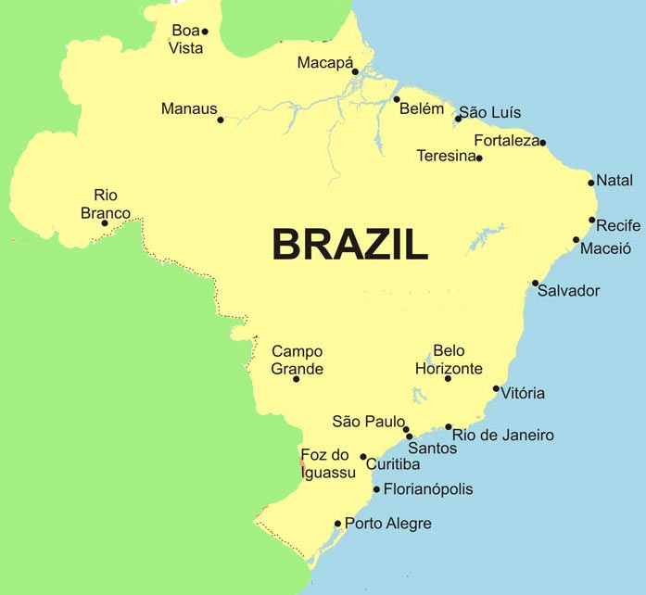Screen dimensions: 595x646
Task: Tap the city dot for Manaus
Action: point(221,120)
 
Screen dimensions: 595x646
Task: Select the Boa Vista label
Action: point(186,39)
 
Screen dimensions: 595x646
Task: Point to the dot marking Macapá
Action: point(355,71)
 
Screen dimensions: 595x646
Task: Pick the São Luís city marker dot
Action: point(458,119)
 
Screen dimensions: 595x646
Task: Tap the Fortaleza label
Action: point(506,141)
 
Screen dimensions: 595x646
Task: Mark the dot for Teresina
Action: point(479,158)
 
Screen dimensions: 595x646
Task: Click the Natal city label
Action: point(614,180)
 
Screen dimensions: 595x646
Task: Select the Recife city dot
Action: point(592,220)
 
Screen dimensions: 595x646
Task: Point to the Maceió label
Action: point(605,247)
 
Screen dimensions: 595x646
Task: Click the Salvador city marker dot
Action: point(535,283)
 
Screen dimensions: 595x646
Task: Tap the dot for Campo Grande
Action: point(297,379)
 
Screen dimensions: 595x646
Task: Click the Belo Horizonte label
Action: point(449,360)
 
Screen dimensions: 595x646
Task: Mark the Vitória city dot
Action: point(496,389)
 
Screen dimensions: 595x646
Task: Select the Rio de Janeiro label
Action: point(503,435)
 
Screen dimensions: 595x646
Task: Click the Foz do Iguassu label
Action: point(328,463)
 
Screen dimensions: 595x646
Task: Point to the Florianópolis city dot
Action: point(376,489)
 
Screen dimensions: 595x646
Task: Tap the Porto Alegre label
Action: point(387,524)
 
